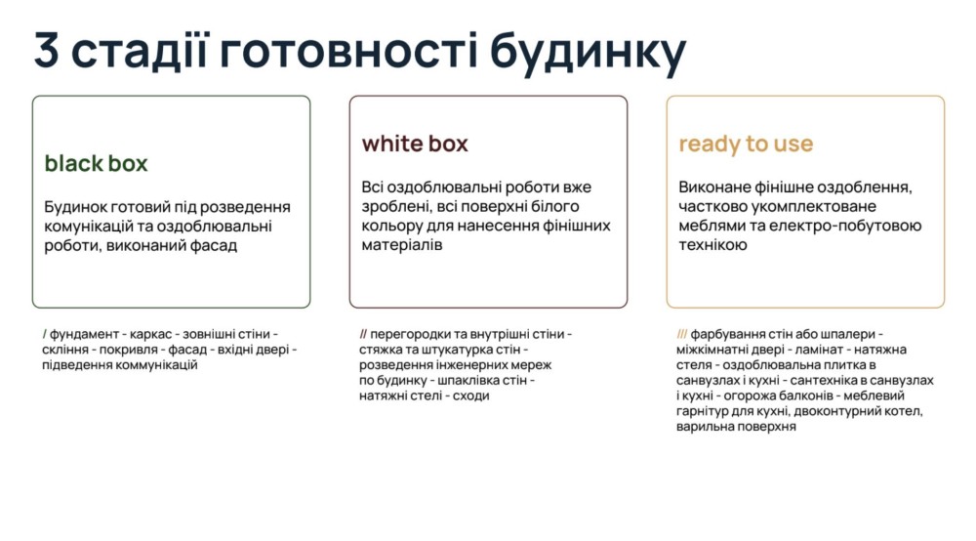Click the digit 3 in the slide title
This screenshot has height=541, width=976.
point(47,50)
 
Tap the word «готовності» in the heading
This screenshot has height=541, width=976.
point(349,50)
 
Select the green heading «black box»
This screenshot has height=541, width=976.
point(96,163)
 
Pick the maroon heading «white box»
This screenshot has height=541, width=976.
point(415,144)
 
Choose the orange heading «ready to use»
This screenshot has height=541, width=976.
point(746,145)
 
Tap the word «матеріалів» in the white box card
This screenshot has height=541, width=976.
point(402,245)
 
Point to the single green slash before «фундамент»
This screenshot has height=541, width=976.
point(45,334)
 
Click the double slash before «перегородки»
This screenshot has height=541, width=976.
point(363,334)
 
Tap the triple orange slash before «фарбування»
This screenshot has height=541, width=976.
point(681,334)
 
